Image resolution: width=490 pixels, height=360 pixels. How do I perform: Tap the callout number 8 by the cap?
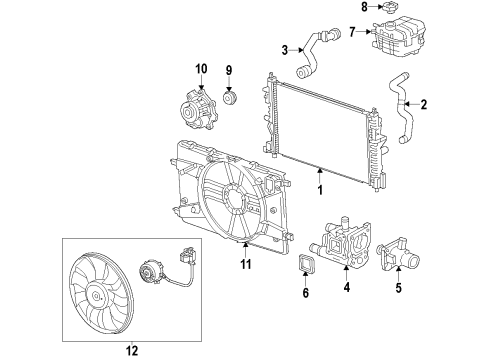[363, 8]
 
